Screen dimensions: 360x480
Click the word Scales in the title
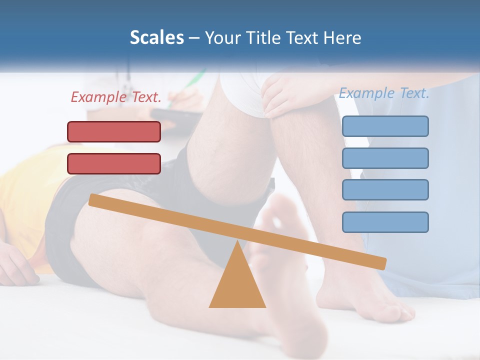(x=156, y=38)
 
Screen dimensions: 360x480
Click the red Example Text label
(x=116, y=97)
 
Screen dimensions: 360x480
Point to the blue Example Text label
(x=384, y=93)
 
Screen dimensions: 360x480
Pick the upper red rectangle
(x=114, y=131)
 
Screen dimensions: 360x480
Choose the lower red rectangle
(x=114, y=163)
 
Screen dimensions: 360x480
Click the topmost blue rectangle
(x=385, y=126)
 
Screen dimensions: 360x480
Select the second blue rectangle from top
(x=385, y=158)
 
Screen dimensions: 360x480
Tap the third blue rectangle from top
(x=385, y=189)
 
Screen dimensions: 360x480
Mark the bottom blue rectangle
(x=385, y=222)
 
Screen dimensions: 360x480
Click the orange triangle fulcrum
(x=237, y=285)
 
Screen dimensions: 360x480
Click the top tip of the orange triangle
(x=237, y=242)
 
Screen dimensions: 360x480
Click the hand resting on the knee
(x=282, y=92)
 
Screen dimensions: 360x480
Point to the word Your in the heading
(x=221, y=38)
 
